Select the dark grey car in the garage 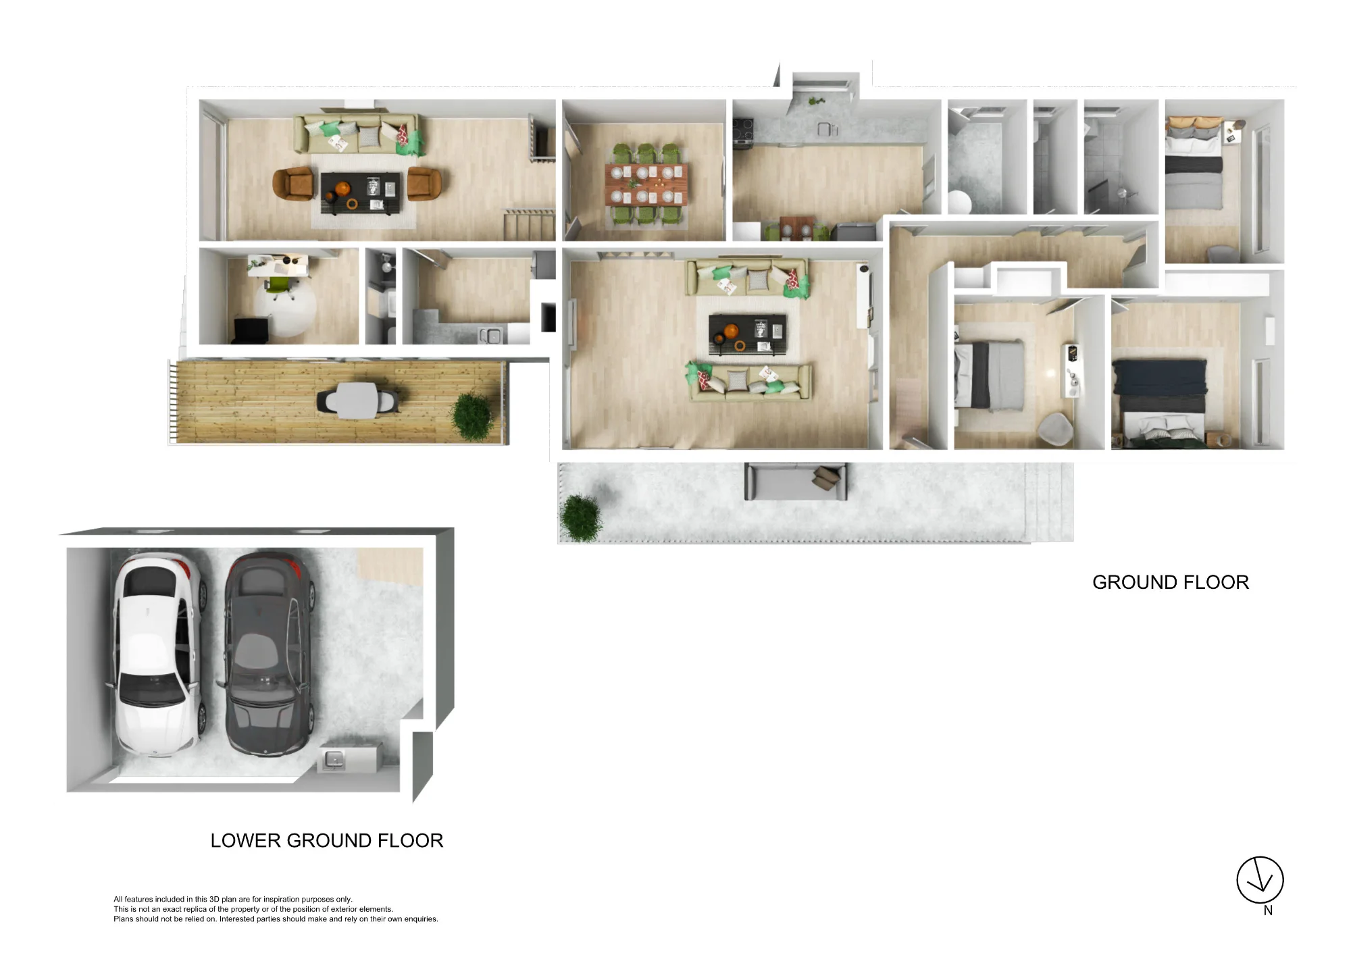click(x=269, y=654)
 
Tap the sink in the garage click(x=333, y=760)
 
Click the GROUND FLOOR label click(x=1171, y=582)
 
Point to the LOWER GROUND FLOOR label click(x=327, y=840)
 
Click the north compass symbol click(x=1260, y=880)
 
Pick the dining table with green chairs click(x=646, y=184)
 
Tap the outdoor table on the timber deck click(x=356, y=400)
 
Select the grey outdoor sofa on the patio click(x=795, y=482)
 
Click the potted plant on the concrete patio click(x=580, y=518)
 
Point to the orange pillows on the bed click(x=1194, y=124)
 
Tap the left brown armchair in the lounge click(x=293, y=184)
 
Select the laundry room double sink click(x=490, y=334)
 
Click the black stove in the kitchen click(x=743, y=130)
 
